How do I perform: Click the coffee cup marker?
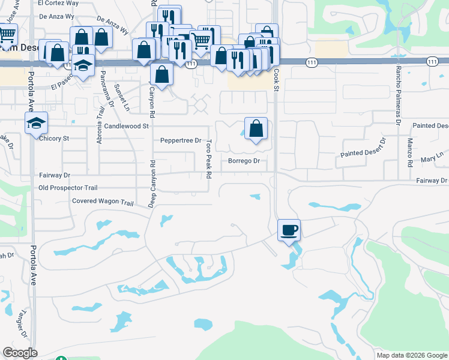289,230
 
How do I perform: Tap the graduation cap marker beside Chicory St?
36,124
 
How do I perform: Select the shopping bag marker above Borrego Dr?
256,129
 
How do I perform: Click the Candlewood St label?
126,127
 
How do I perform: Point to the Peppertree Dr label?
181,140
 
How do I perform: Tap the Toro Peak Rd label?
209,160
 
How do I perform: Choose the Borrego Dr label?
244,161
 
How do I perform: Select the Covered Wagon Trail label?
102,202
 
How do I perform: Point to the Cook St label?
277,79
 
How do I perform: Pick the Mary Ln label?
432,159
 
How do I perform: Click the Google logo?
20,353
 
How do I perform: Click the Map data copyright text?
412,355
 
